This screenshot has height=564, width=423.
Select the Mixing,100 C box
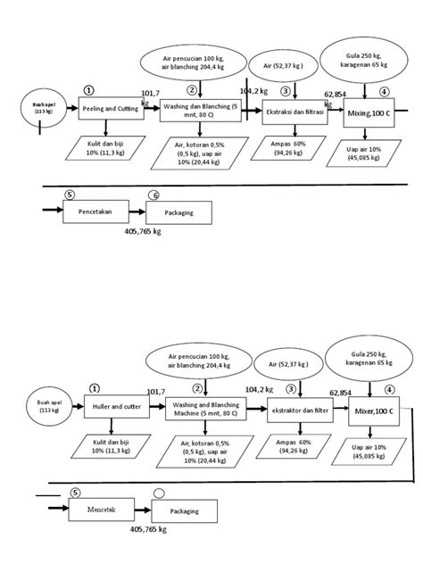pos(369,114)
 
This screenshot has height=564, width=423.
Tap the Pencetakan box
pos(94,213)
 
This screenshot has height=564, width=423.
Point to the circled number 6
pos(153,195)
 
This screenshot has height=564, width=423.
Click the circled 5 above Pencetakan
pos(70,194)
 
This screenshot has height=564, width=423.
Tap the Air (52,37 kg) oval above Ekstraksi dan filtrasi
pos(284,66)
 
